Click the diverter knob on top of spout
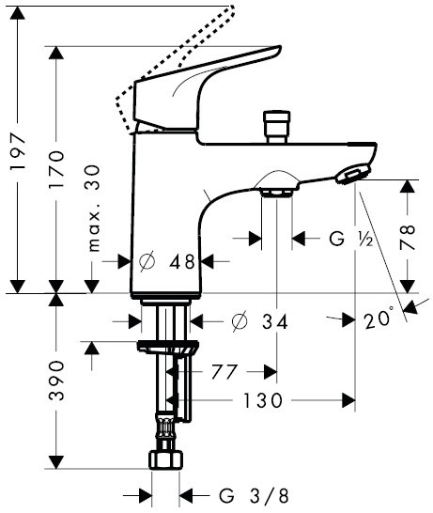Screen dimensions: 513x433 (x=276, y=124)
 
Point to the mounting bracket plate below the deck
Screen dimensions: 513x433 (x=168, y=350)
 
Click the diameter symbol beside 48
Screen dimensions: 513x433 (x=147, y=263)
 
